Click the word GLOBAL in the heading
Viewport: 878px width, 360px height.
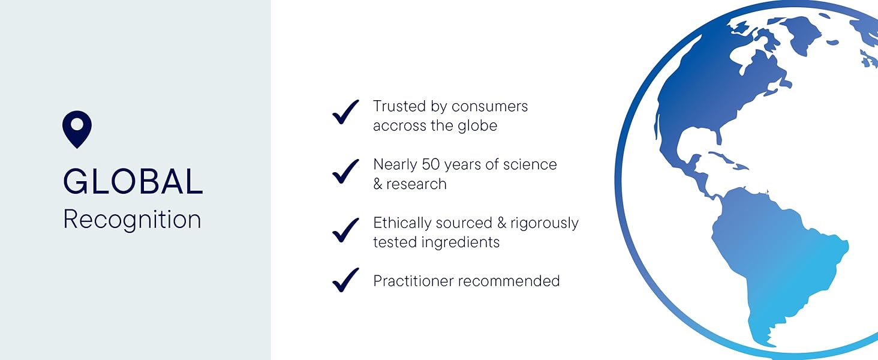pos(133,182)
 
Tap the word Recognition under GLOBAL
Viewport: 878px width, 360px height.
pos(132,220)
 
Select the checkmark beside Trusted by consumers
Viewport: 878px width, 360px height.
pos(346,112)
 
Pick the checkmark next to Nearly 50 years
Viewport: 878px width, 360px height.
pos(346,171)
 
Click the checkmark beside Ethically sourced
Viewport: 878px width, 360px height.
pos(346,230)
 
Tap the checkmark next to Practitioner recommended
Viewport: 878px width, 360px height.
pos(346,280)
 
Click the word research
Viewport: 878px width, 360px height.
pos(416,184)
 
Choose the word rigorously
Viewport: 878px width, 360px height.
pos(545,223)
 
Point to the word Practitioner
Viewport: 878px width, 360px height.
pos(410,281)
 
